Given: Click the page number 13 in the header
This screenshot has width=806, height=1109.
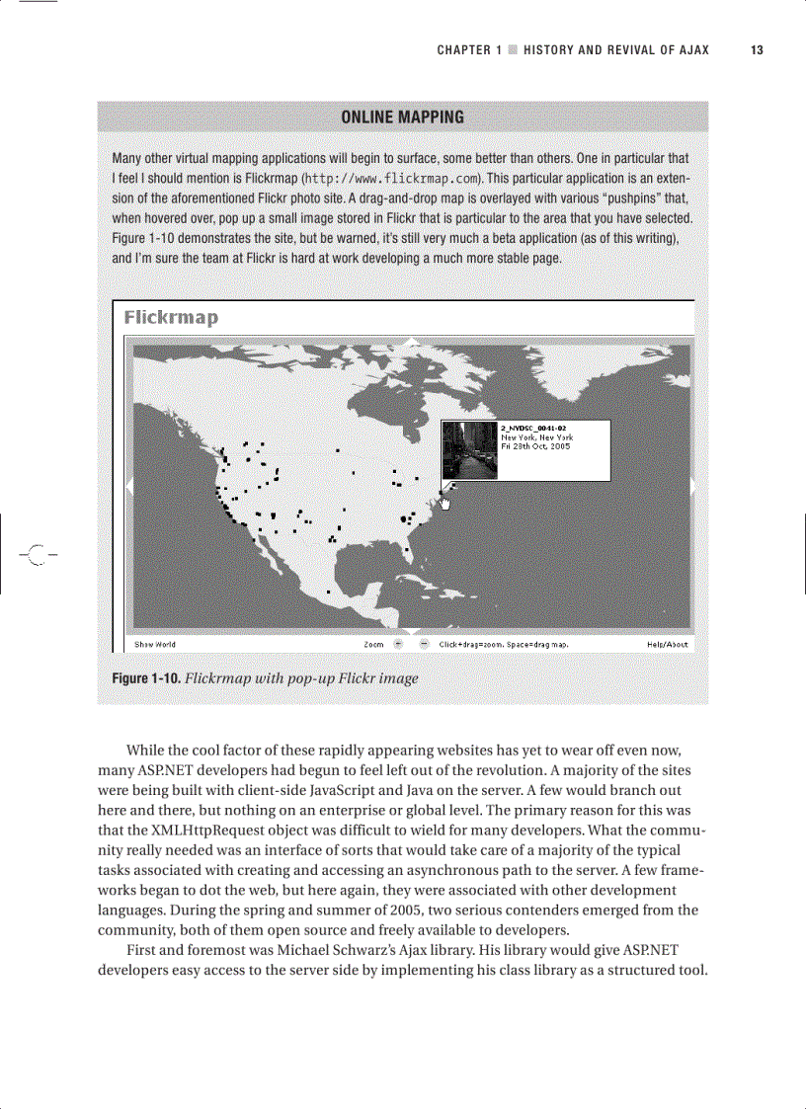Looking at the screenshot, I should (757, 50).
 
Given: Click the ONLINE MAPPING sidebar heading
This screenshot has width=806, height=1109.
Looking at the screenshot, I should (402, 118).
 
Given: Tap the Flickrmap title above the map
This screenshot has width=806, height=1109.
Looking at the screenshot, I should (171, 317).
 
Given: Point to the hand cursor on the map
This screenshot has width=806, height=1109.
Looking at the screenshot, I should (444, 503).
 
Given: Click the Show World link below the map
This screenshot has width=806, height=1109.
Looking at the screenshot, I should (155, 644).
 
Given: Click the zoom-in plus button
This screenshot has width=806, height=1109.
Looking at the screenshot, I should (399, 644).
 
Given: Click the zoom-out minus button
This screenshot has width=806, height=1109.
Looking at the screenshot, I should (424, 644).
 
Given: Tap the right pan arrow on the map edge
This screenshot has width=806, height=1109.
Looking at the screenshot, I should (692, 485).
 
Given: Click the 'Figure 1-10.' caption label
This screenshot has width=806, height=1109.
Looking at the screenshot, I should (146, 678).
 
